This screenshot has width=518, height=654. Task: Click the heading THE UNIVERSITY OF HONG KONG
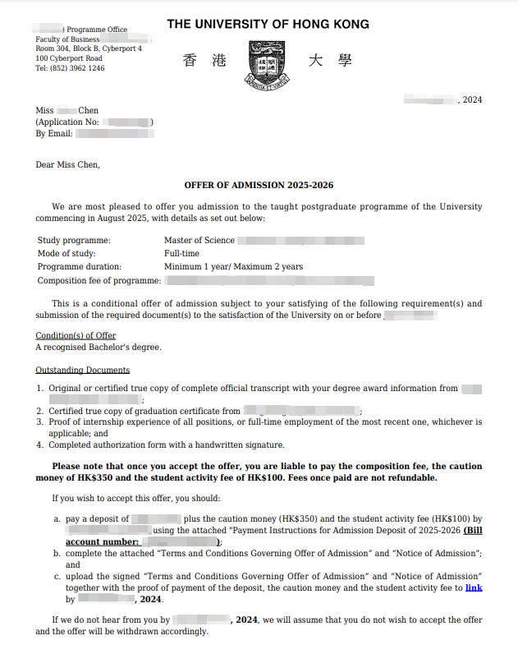(x=268, y=25)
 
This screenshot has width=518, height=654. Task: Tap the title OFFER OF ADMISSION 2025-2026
(x=259, y=186)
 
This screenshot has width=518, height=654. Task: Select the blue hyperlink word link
(x=473, y=587)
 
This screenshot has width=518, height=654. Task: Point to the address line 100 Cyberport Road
(x=69, y=59)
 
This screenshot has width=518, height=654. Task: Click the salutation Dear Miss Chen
(x=67, y=165)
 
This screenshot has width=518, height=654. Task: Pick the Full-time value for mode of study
(x=182, y=254)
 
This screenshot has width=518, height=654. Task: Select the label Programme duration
(x=80, y=267)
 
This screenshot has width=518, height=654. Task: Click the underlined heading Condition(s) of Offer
(x=76, y=336)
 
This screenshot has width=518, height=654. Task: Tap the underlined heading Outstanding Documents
(x=82, y=371)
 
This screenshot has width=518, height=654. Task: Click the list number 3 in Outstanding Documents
(x=39, y=422)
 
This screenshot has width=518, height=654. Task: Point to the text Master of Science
(x=199, y=241)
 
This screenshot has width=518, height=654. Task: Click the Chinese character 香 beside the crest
(x=190, y=61)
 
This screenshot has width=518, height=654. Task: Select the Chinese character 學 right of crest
(x=343, y=61)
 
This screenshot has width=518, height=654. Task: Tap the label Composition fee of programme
(x=99, y=281)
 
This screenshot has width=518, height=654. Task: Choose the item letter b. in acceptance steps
(x=57, y=554)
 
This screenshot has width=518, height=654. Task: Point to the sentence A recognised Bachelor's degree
(x=99, y=348)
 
